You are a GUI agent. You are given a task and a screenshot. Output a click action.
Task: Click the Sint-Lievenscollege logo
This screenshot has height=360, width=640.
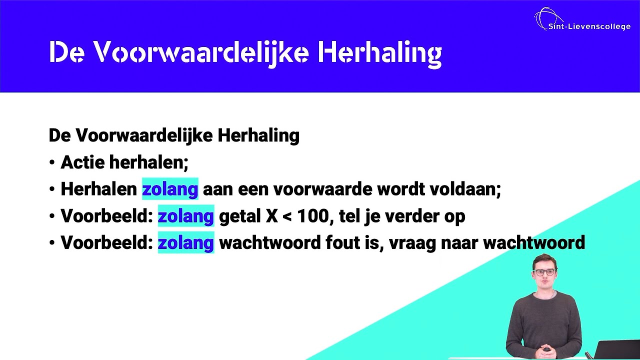point(581,20)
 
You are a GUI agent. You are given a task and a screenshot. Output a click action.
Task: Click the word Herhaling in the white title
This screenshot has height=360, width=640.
point(379,52)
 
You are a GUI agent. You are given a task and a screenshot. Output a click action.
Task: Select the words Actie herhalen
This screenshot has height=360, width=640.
point(124,162)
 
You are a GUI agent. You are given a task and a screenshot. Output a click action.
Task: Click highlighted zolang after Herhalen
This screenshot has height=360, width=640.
point(170,189)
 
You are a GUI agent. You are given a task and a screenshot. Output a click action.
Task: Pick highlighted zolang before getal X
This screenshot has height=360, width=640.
point(185,216)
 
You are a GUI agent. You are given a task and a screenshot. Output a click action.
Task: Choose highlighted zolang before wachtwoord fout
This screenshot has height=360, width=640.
point(185,243)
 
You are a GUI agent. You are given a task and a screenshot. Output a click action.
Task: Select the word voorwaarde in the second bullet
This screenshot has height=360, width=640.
point(322,189)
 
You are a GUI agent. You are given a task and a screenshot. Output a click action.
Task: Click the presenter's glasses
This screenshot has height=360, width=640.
point(544,272)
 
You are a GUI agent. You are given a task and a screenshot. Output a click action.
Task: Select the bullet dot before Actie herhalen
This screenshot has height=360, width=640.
point(52,163)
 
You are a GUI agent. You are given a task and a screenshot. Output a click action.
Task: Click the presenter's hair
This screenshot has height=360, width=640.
point(544,260)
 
